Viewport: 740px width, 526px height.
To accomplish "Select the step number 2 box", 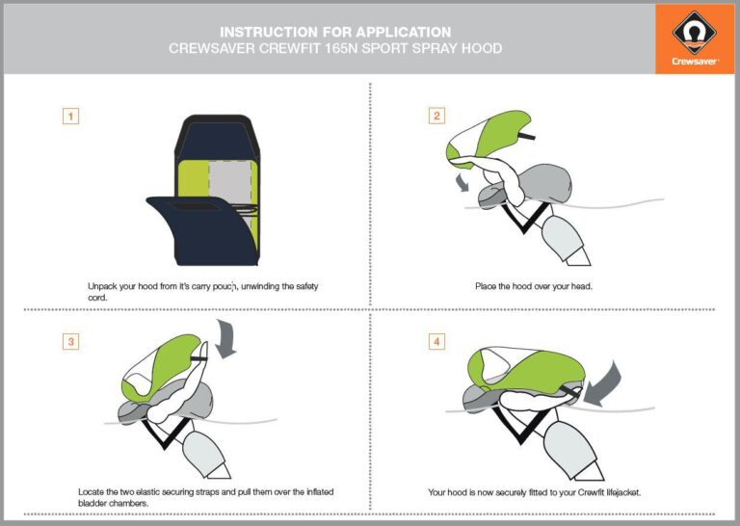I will pos(436,116).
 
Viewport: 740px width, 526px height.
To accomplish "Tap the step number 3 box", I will pos(70,341).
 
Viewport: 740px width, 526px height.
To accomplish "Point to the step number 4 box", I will pos(436,341).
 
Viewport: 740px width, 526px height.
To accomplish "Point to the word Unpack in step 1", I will pos(104,286).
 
